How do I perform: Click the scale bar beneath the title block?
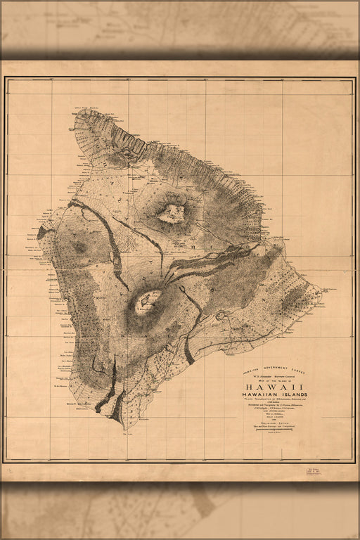tap(275, 429)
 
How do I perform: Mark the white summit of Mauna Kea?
tap(171, 212)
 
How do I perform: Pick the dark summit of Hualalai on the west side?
tap(79, 247)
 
